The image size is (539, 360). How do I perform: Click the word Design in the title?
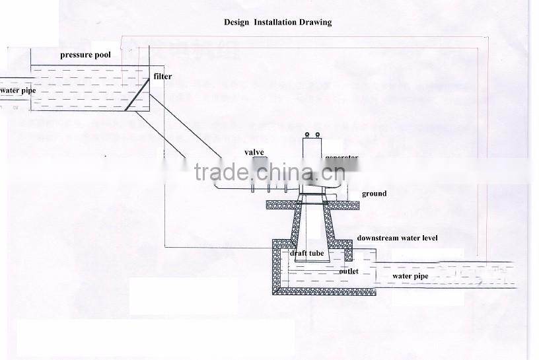tap(236, 22)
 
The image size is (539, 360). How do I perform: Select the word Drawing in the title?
tap(316, 22)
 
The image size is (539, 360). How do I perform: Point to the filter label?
tap(162, 77)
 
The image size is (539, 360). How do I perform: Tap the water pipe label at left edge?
tap(17, 90)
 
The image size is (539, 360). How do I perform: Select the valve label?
tap(254, 153)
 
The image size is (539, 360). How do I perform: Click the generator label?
tap(341, 158)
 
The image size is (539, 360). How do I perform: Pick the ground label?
tap(374, 194)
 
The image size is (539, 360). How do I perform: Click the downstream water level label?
tap(397, 238)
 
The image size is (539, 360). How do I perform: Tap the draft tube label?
tap(306, 254)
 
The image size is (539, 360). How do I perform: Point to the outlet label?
tap(348, 271)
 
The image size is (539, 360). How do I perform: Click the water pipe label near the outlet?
tap(410, 276)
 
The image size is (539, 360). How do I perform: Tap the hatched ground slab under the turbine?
tap(281, 205)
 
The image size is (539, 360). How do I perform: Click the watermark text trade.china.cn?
tap(269, 173)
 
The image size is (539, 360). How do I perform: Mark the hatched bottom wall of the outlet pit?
tap(324, 289)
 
